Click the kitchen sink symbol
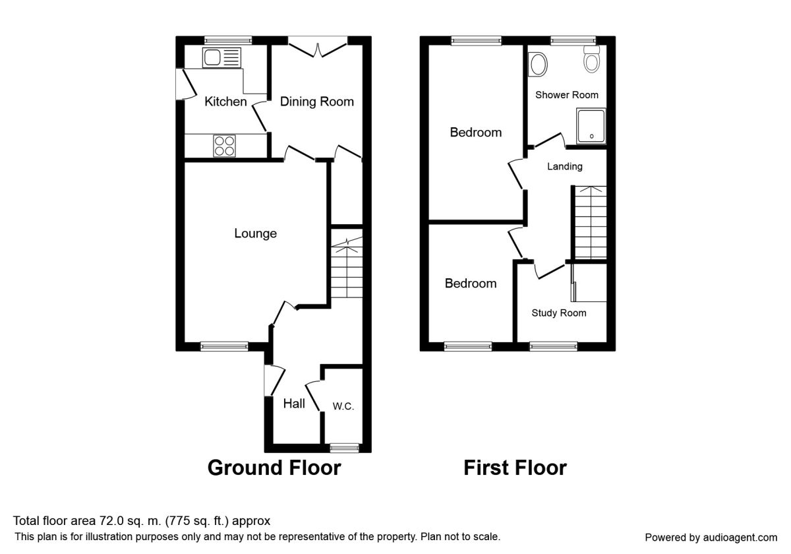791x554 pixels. click(x=221, y=57)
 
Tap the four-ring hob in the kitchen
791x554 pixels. click(x=224, y=146)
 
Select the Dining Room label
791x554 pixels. click(x=317, y=102)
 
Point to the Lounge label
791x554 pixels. click(x=255, y=233)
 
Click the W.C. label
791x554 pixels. click(x=343, y=406)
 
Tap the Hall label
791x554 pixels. click(x=294, y=404)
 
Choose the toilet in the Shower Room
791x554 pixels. click(x=591, y=59)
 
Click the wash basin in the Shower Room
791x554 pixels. click(x=537, y=65)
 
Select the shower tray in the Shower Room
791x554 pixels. click(x=591, y=126)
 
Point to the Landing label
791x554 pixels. click(x=565, y=166)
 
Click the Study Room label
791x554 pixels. click(x=559, y=313)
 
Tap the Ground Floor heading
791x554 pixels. click(x=274, y=468)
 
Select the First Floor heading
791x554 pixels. click(x=515, y=468)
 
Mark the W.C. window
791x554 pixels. click(x=344, y=448)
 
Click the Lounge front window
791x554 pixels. click(x=224, y=346)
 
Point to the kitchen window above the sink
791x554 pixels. click(x=228, y=40)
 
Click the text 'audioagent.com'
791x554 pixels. click(x=740, y=538)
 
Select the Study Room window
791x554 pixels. click(x=553, y=346)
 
